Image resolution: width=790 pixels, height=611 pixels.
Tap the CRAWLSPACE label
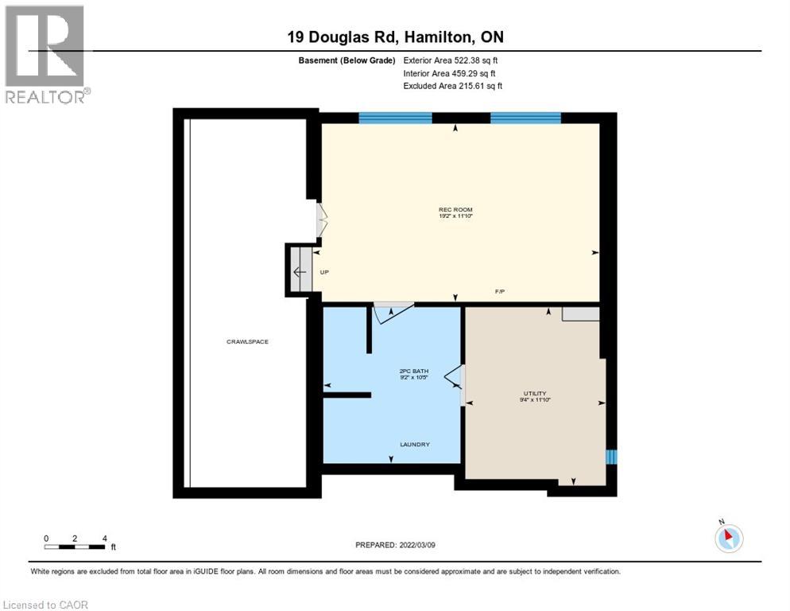pos(247,342)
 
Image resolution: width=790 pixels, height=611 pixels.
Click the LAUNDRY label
pos(414,444)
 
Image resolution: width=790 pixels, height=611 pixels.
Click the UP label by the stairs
pos(324,273)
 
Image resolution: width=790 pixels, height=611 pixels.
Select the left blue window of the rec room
pos(395,118)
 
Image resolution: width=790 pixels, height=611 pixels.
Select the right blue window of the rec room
pos(525,118)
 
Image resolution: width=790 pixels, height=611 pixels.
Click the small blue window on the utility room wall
pos(610,457)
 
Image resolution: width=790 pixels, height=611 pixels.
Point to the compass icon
pos(728,538)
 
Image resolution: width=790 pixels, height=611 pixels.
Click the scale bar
pos(76,546)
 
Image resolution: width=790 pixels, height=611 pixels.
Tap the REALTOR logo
pos(45,53)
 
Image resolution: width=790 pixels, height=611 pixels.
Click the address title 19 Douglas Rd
pos(394,37)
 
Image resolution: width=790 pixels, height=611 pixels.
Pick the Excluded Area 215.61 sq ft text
pos(453,86)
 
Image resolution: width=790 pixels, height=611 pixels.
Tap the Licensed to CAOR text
pos(45,605)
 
